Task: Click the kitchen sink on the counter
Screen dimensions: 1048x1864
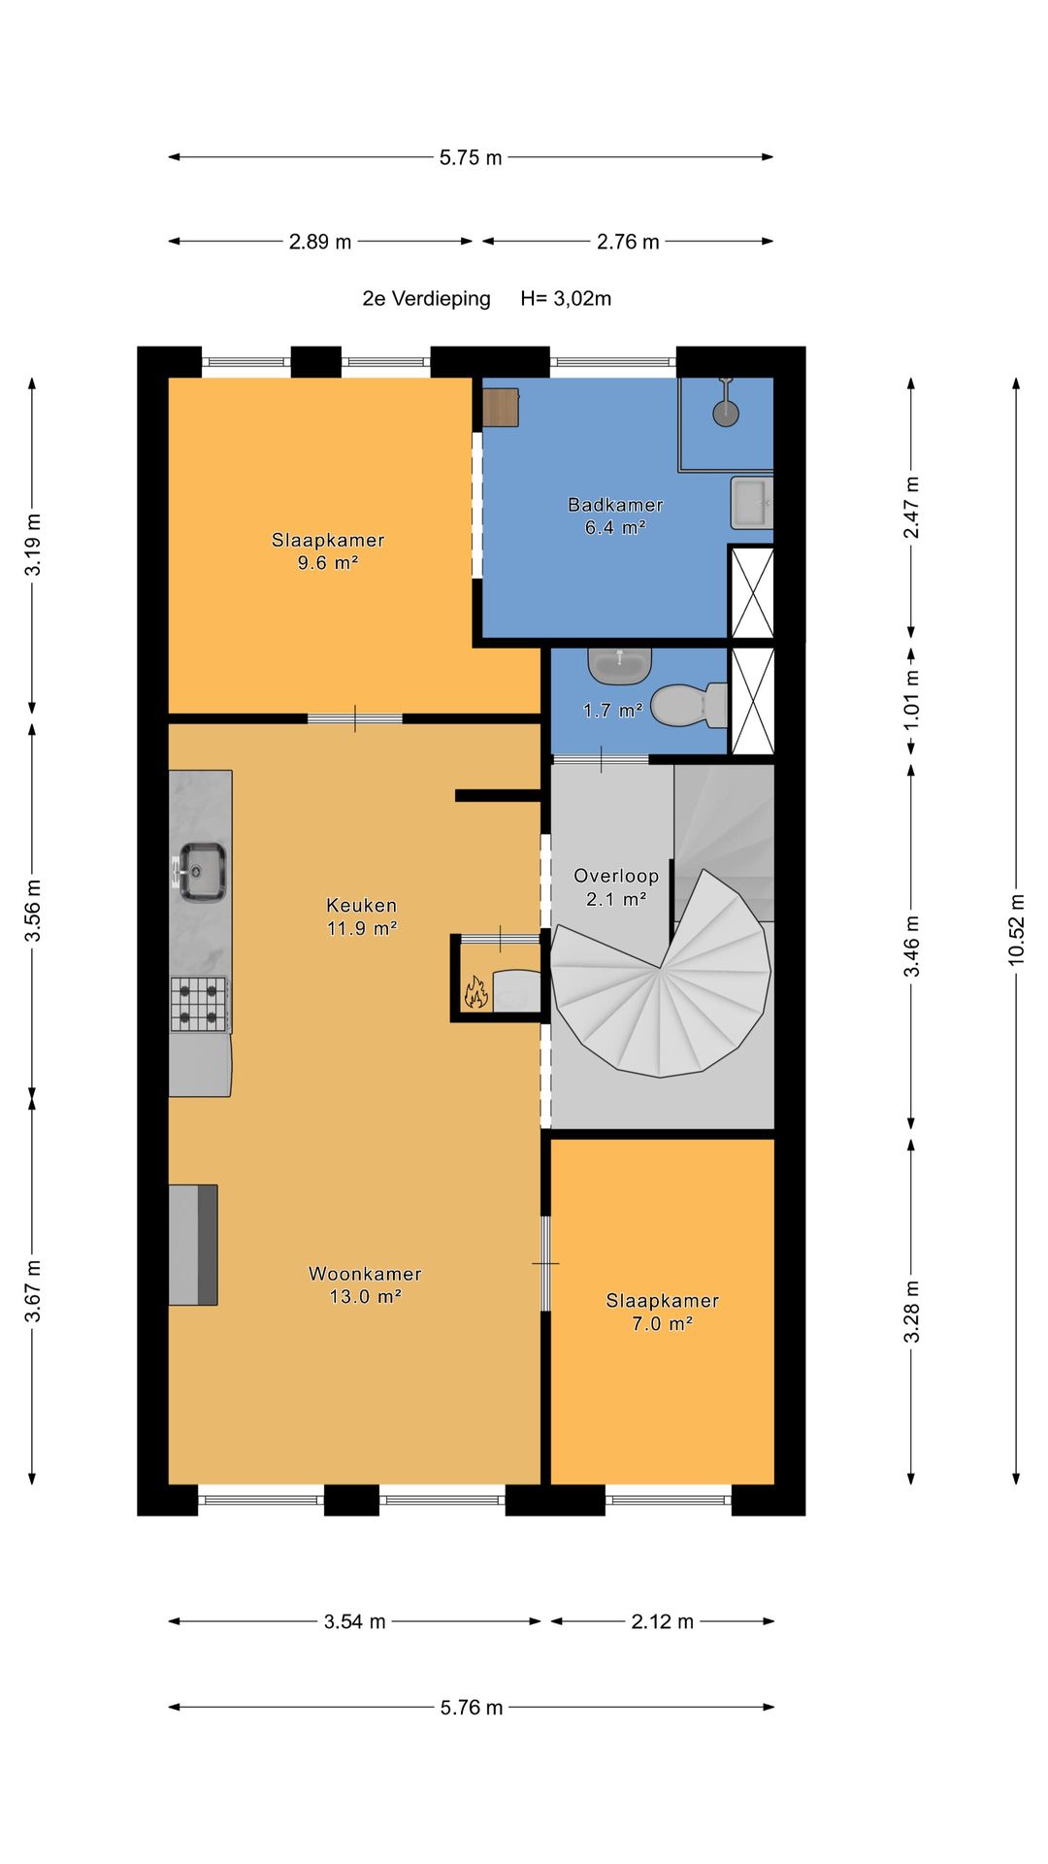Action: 200,871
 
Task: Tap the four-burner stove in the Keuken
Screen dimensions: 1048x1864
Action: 200,1004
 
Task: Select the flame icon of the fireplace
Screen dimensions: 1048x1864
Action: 475,992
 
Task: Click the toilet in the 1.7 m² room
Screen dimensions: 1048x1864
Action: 689,705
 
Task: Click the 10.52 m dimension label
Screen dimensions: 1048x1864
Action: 1016,929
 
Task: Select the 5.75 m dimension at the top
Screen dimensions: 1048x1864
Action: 471,157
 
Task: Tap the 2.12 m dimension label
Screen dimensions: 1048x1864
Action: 663,1621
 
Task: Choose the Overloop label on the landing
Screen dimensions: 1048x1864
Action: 616,876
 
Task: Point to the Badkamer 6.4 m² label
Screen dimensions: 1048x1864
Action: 615,516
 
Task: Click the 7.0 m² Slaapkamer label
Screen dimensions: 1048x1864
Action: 663,1312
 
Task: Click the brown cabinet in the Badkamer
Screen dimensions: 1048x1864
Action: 501,408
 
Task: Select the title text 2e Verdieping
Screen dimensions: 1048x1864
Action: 427,299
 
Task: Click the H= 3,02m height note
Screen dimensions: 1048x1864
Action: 566,299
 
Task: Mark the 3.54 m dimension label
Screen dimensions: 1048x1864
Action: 355,1621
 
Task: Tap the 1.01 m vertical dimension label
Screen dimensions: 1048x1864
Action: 911,699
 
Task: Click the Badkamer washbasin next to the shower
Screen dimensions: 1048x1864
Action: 751,503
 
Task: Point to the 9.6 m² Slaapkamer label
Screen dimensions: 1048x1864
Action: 328,551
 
